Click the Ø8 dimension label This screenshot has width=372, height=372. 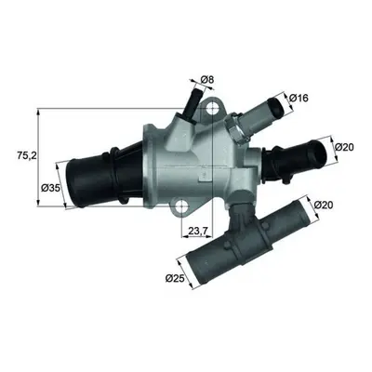click(207, 80)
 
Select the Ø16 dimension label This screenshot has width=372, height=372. click(299, 99)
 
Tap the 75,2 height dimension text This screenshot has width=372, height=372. click(27, 156)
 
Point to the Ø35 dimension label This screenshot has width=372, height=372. click(50, 188)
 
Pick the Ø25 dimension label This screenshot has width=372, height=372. click(175, 278)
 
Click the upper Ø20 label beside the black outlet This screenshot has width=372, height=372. click(344, 147)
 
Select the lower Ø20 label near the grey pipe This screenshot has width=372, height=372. click(324, 205)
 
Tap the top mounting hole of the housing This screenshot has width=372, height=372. click(211, 108)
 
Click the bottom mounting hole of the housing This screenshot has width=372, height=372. click(181, 206)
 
